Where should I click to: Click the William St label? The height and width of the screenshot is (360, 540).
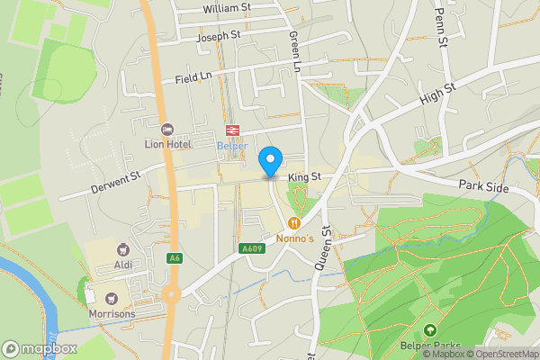point(227,8)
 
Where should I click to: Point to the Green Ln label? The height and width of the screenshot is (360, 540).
point(294,50)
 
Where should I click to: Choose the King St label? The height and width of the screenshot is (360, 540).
point(304,178)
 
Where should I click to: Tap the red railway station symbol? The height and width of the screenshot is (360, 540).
point(231,130)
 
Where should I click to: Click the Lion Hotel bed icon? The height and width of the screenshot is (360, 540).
point(166,129)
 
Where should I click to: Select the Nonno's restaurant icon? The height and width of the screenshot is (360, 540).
point(293,222)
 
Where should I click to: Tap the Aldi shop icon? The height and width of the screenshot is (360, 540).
point(123,249)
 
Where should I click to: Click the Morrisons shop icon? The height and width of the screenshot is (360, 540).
point(112,298)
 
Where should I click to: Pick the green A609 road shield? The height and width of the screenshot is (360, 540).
point(251,249)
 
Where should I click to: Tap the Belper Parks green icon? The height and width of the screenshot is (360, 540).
point(429,330)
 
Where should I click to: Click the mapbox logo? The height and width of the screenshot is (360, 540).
point(40,348)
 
